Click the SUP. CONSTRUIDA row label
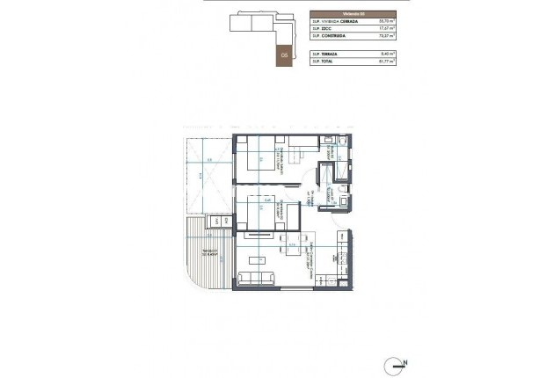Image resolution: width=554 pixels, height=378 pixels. [328, 37]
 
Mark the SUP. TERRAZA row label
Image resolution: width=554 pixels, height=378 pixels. [324, 55]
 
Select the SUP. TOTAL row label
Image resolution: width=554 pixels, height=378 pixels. [323, 63]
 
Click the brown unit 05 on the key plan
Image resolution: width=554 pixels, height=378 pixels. [284, 54]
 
